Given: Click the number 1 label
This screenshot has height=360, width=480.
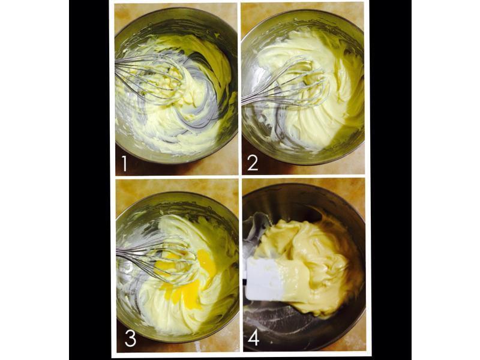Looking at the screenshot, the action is pos(124,163).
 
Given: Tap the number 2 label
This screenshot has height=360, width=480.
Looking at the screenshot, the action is pos(253,163).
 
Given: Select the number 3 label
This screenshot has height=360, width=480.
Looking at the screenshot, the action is pos(130,338).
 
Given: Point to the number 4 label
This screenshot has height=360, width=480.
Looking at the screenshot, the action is pos(253,338).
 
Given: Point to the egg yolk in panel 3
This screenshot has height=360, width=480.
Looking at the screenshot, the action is pos(184,275).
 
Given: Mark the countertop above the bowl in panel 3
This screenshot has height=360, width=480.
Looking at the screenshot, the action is pos(177,187).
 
